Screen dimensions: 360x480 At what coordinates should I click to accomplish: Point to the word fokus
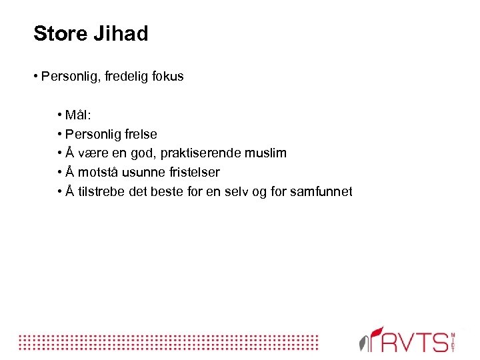pos(167,77)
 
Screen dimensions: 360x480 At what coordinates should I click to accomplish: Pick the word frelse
pos(139,134)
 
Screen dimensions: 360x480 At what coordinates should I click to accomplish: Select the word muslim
pos(265,153)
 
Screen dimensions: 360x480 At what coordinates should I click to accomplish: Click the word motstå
pos(101,173)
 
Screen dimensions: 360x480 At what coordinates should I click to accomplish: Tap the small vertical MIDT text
pos(453,341)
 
